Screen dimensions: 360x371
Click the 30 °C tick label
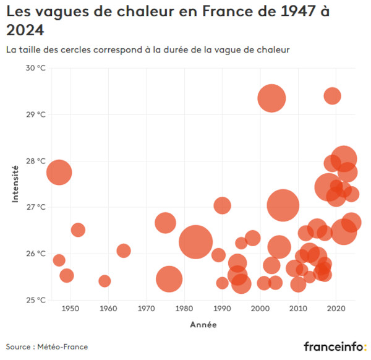[x=35, y=68]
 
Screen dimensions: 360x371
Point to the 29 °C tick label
[x=35, y=114]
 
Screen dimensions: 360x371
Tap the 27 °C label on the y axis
[x=35, y=207]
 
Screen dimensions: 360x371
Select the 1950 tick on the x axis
[x=70, y=309]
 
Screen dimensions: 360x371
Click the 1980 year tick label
[x=184, y=309]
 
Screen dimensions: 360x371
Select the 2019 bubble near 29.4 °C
[x=332, y=96]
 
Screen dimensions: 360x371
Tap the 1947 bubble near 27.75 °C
[x=59, y=172]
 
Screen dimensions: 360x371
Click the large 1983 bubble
[x=196, y=241]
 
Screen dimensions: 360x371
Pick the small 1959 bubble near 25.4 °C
[x=104, y=281]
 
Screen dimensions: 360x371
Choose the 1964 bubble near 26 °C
[x=124, y=251]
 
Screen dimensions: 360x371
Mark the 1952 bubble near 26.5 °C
[x=78, y=230]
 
